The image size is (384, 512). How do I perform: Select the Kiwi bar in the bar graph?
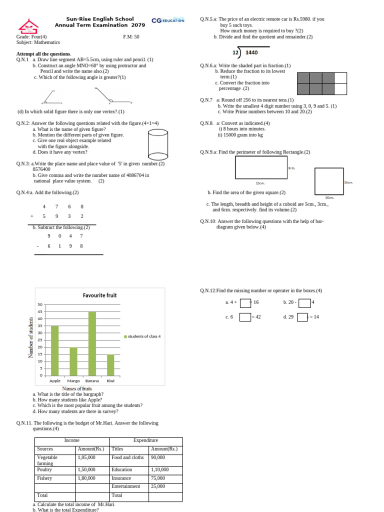(x=110, y=365)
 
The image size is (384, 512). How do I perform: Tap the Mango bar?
(x=73, y=361)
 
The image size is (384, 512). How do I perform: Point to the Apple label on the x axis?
(x=55, y=381)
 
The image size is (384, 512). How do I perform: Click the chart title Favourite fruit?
(x=99, y=295)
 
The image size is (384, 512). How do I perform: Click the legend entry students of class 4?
(x=142, y=336)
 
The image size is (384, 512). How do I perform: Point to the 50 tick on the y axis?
(x=40, y=304)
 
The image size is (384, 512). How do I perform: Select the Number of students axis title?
(x=31, y=337)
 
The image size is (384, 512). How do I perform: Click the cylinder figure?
(x=157, y=144)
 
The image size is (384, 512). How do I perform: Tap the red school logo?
(x=28, y=27)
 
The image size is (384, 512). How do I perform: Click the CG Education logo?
(x=167, y=20)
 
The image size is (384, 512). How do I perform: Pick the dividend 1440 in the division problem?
(x=252, y=52)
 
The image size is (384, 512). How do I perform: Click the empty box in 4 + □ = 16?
(x=245, y=302)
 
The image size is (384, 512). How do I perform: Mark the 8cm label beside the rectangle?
(x=292, y=168)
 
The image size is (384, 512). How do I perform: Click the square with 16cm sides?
(x=328, y=181)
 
